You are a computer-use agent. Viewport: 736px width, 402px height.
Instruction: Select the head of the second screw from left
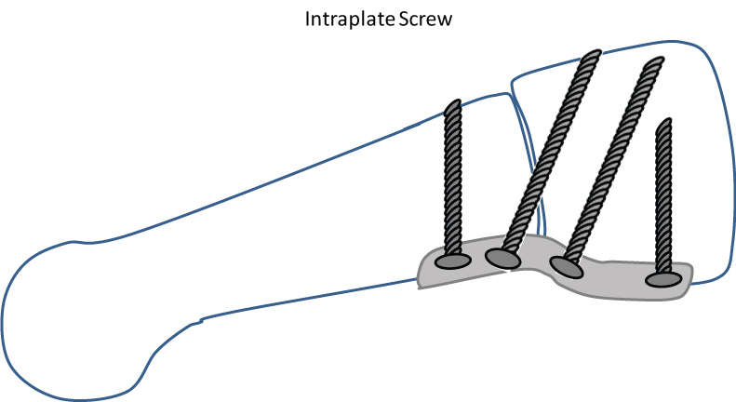502,258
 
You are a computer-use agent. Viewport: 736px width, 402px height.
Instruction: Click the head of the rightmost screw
662,278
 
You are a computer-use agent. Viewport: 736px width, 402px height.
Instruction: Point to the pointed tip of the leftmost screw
453,103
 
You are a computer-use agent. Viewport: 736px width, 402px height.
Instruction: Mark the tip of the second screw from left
589,56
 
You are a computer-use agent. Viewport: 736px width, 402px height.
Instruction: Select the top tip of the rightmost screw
663,122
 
